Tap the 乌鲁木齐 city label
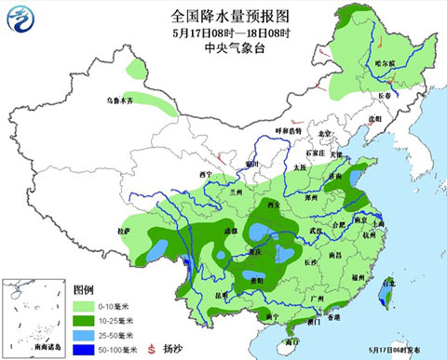tap(120, 100)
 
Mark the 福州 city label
tap(357, 277)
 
